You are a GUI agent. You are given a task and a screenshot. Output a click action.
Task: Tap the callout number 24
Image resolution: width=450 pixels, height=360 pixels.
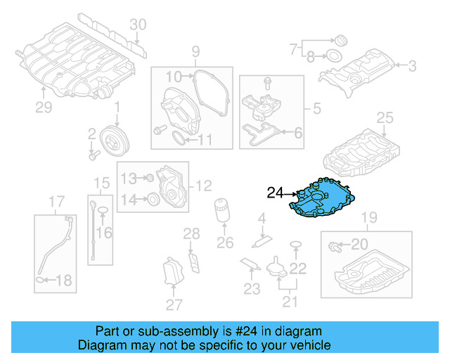[x=275, y=192]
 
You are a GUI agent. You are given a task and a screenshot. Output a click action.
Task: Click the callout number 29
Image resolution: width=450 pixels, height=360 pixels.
[x=44, y=107]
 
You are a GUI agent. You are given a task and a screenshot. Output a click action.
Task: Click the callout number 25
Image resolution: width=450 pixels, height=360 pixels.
[x=385, y=117]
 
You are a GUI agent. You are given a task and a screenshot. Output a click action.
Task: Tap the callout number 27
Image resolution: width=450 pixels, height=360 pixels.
[x=173, y=304]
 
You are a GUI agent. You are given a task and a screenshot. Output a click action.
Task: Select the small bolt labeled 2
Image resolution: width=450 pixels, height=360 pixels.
[x=92, y=148]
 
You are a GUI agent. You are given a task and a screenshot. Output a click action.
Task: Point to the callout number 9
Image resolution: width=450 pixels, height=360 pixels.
[x=195, y=51]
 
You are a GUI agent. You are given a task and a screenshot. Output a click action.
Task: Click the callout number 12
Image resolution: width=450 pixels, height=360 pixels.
[x=203, y=186]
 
